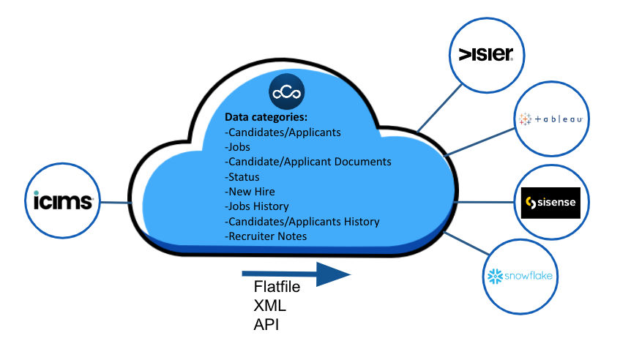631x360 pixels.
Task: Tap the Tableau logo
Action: click(x=550, y=119)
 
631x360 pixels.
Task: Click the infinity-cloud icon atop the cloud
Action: click(x=287, y=92)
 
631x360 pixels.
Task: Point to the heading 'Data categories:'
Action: click(x=266, y=117)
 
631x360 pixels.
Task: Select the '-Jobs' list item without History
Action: click(x=238, y=147)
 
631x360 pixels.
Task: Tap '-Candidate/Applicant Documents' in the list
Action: click(x=307, y=162)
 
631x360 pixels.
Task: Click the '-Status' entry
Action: click(x=242, y=176)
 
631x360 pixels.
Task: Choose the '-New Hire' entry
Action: click(x=250, y=192)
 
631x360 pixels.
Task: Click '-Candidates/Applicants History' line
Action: click(x=302, y=221)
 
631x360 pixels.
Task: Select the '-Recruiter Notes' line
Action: click(x=266, y=236)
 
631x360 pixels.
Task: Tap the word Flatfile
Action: click(x=277, y=286)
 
